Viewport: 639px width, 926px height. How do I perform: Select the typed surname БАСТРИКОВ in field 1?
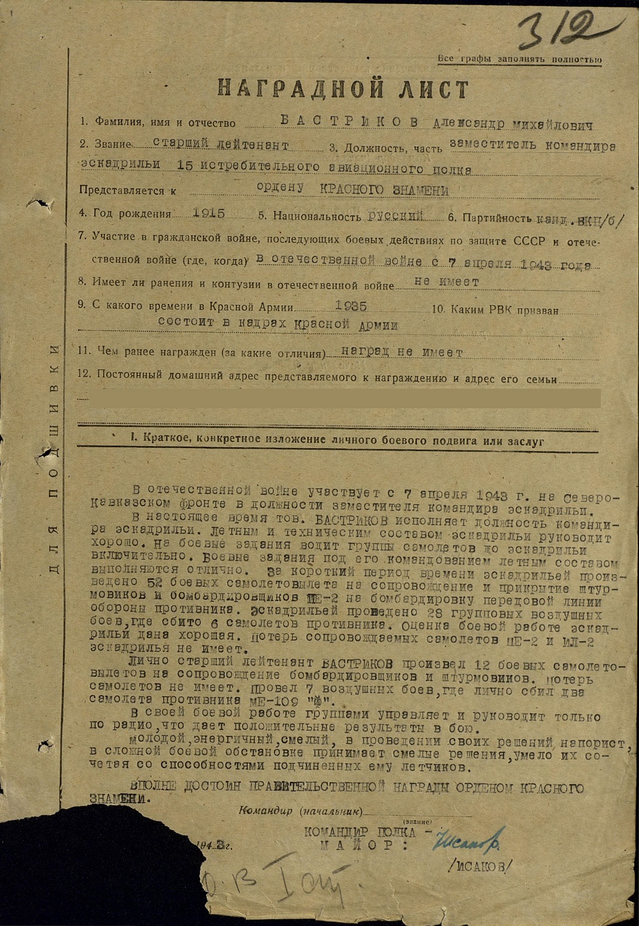[349, 121]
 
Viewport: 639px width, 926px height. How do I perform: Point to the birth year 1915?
[209, 213]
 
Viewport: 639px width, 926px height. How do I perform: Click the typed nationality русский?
[396, 216]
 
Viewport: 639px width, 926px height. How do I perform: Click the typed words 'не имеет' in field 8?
[446, 282]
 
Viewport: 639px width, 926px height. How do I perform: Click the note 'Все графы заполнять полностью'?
[520, 59]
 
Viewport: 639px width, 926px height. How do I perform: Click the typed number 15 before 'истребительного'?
[185, 166]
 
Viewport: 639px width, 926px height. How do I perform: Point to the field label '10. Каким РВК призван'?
[495, 310]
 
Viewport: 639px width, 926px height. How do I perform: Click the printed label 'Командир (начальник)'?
[301, 811]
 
